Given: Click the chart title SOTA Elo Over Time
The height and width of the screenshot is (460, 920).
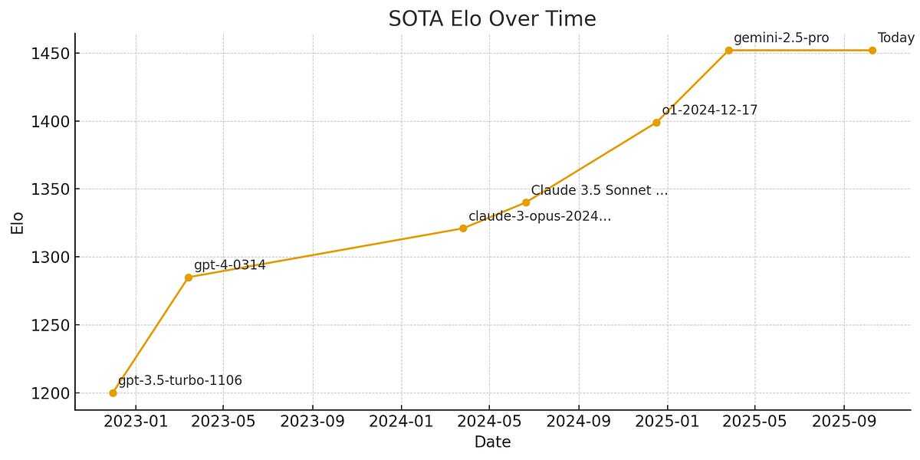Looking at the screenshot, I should click(491, 19).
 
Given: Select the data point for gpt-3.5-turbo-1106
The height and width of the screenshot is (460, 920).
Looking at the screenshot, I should click(113, 393).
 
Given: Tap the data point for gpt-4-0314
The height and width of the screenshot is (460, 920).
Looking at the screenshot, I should click(189, 277).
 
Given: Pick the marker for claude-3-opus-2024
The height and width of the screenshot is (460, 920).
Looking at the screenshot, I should click(463, 228).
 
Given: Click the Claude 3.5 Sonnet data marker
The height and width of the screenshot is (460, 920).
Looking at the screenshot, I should click(526, 202).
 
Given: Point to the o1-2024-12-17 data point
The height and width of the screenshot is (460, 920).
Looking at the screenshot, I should click(656, 123).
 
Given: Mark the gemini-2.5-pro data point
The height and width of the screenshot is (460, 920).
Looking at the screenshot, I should click(728, 51).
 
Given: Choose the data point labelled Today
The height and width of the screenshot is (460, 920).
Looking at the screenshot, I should click(872, 51).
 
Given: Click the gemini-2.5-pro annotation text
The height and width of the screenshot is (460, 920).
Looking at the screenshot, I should click(780, 38).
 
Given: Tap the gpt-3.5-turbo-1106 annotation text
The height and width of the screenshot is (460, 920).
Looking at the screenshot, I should click(180, 380).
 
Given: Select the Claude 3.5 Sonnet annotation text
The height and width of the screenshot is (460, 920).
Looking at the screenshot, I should click(599, 190).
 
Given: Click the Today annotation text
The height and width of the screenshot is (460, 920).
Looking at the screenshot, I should click(895, 38).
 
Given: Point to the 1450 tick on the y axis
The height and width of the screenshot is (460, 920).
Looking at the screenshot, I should click(51, 54).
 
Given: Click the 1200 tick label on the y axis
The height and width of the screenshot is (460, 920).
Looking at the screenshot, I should click(51, 393).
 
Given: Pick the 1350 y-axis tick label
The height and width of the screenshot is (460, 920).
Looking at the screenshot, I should click(51, 189).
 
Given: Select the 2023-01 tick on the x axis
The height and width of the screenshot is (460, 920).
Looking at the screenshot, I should click(136, 421).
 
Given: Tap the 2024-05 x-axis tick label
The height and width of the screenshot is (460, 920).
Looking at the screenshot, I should click(489, 421).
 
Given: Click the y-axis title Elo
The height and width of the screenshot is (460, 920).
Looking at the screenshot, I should click(17, 222).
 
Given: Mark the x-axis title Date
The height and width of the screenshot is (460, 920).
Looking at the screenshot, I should click(492, 442).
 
